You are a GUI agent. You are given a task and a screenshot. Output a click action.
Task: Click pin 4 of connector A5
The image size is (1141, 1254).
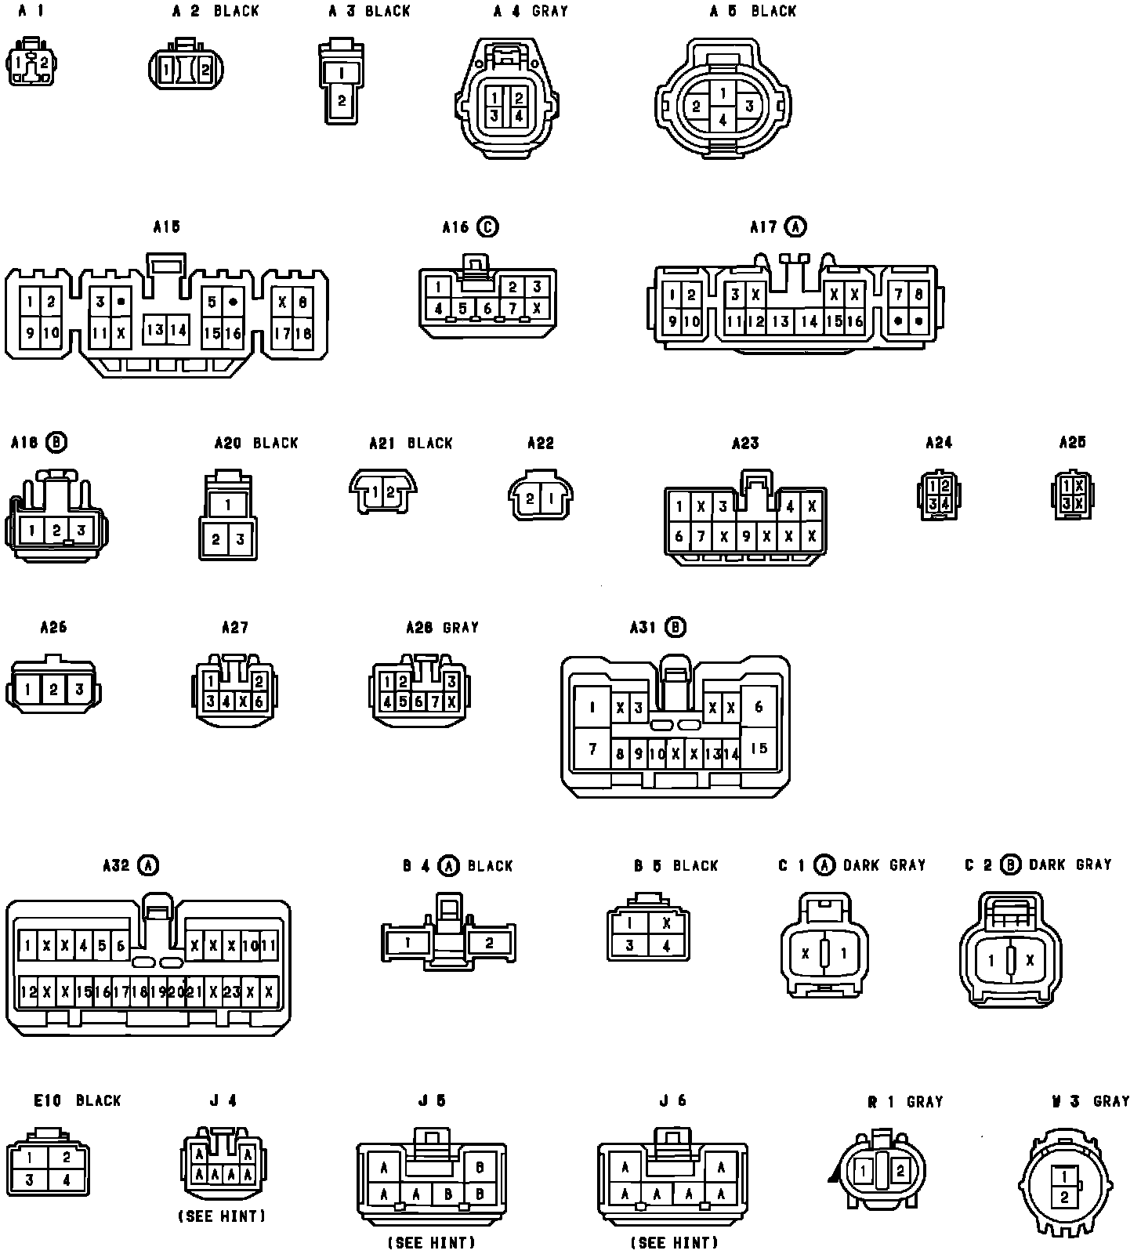pyautogui.click(x=723, y=120)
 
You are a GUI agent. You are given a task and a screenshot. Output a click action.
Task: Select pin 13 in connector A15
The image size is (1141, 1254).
pyautogui.click(x=155, y=330)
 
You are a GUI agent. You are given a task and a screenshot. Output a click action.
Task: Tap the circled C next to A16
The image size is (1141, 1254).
pyautogui.click(x=487, y=227)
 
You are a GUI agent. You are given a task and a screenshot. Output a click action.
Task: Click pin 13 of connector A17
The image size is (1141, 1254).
pyautogui.click(x=781, y=321)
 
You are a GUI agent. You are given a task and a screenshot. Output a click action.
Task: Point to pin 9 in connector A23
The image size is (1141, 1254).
pyautogui.click(x=746, y=537)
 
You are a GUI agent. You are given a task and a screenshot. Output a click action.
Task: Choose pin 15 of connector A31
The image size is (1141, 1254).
pyautogui.click(x=759, y=748)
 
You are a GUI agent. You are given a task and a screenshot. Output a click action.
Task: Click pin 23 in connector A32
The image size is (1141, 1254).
pyautogui.click(x=232, y=991)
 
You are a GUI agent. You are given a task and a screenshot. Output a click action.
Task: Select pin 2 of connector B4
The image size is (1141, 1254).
pyautogui.click(x=489, y=942)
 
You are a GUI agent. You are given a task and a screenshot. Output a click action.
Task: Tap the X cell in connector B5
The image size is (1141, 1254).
pyautogui.click(x=666, y=923)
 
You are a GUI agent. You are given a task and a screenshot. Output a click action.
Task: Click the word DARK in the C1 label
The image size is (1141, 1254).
pyautogui.click(x=861, y=865)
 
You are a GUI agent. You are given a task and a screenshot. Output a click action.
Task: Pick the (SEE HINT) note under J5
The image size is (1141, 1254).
pyautogui.click(x=432, y=1242)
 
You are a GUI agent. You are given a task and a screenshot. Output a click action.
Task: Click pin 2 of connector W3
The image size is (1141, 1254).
pyautogui.click(x=1063, y=1197)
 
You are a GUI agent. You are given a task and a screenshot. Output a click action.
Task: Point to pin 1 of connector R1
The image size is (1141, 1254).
pyautogui.click(x=863, y=1172)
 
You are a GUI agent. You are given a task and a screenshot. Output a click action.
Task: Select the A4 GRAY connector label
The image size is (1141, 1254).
pyautogui.click(x=531, y=12)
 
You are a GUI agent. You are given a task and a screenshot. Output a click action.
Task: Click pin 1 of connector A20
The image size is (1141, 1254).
pyautogui.click(x=228, y=505)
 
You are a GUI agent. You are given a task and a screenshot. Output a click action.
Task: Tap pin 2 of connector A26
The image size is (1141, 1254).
pyautogui.click(x=53, y=690)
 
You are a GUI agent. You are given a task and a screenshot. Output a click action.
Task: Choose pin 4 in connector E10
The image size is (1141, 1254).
pyautogui.click(x=66, y=1180)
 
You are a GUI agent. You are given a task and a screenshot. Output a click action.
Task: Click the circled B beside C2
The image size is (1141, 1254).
pyautogui.click(x=1011, y=864)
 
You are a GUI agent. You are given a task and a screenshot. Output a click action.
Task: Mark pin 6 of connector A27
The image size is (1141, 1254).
pyautogui.click(x=259, y=702)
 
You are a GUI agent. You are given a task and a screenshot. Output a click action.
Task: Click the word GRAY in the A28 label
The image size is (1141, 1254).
pyautogui.click(x=461, y=628)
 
